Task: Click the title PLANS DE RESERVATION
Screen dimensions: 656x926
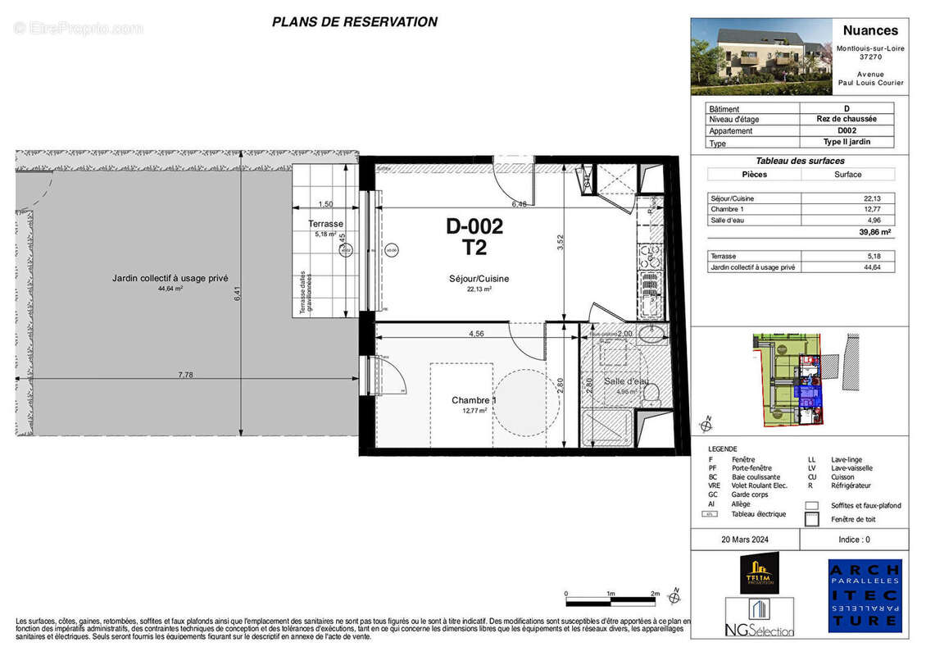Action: [354, 22]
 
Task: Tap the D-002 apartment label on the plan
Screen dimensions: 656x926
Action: [474, 226]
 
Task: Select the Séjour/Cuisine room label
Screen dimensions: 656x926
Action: [479, 279]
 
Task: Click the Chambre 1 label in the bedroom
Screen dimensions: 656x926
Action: [474, 400]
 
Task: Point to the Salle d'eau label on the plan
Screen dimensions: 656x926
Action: [626, 381]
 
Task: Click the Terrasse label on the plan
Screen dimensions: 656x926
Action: [325, 224]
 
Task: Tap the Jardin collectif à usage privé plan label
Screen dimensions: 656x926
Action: [170, 279]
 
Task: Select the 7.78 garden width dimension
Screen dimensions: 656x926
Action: [190, 374]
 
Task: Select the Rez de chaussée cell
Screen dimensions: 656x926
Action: [846, 119]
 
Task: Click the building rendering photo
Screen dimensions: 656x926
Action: [751, 57]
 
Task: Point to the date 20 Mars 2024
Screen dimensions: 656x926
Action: [746, 540]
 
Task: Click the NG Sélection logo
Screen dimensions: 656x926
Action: [759, 617]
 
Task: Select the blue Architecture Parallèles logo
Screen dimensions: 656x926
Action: [865, 595]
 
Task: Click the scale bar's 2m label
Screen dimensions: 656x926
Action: [654, 593]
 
